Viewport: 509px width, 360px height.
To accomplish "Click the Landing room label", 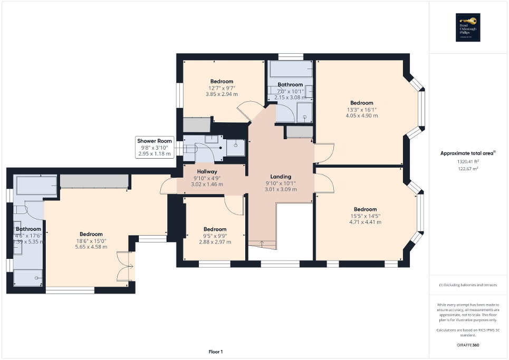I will tap(281, 177).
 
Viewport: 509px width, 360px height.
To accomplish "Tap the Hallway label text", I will tap(207, 171).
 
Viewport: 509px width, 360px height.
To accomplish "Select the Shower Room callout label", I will tap(155, 141).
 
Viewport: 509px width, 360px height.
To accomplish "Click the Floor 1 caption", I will tap(215, 352).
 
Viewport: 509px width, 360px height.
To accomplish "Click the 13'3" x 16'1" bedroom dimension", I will tap(361, 109).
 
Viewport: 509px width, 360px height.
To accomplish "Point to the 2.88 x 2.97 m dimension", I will tap(215, 242).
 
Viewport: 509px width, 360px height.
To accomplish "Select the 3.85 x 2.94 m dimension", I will tap(222, 94).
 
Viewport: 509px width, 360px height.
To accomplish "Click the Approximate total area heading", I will tap(468, 153).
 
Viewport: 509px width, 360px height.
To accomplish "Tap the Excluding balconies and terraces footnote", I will tap(468, 285).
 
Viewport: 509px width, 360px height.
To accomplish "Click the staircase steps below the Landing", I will tap(262, 244).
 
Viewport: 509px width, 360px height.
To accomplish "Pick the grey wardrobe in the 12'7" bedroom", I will tap(196, 124).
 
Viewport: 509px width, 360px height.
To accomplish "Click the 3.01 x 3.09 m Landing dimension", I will tap(281, 189).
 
